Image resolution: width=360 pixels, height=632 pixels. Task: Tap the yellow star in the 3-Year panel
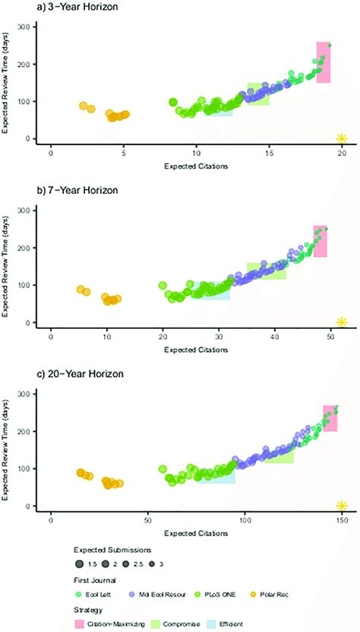tap(342, 137)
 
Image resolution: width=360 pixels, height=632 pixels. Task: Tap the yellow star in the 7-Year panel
tap(342, 321)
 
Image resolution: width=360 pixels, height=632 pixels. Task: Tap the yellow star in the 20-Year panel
tap(342, 505)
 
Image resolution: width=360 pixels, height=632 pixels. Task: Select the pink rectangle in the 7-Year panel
tap(320, 241)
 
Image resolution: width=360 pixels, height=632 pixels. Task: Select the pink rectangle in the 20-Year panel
tap(330, 419)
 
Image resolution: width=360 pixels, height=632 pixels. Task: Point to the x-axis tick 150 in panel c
tap(342, 520)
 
